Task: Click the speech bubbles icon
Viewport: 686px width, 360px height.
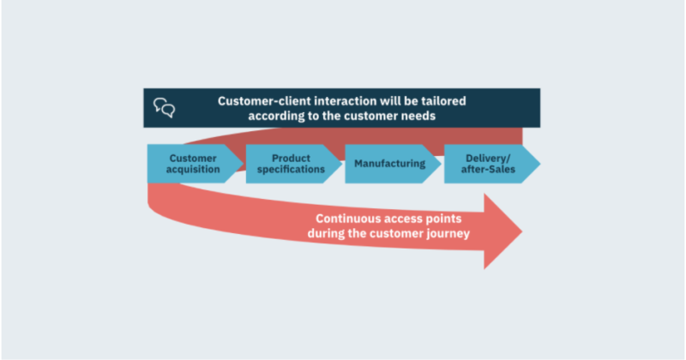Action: click(165, 108)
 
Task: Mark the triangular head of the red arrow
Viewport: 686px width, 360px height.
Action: click(503, 231)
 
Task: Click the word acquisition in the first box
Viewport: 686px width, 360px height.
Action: click(193, 169)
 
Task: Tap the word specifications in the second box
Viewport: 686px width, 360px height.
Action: click(291, 169)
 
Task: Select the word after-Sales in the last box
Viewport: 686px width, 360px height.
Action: click(488, 169)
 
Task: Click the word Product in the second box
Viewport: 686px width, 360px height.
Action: click(291, 158)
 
